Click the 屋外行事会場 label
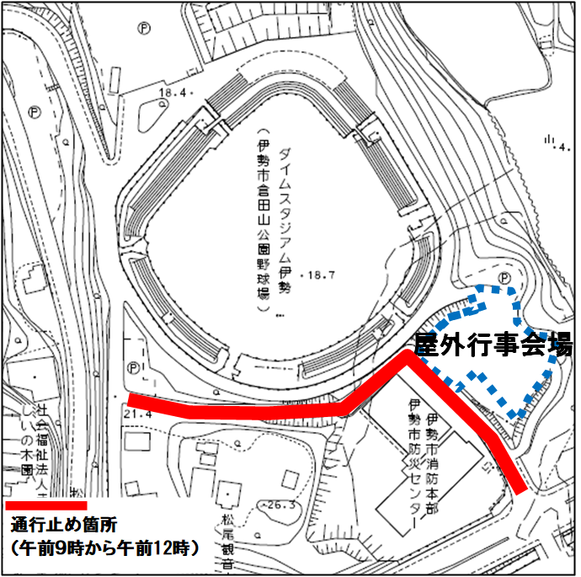click(493, 345)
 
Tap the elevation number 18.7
click(318, 275)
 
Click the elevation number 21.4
click(136, 414)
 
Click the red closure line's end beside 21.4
click(129, 400)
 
